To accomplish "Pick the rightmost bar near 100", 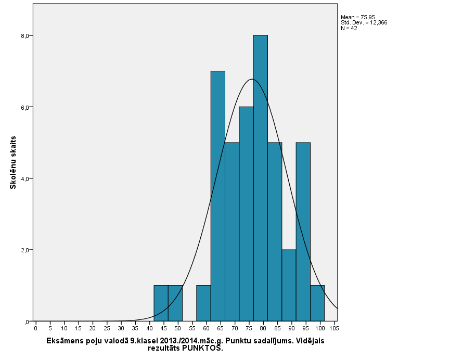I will pos(317,303).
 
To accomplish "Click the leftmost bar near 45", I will pos(161,303).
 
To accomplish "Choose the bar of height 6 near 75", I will pos(246,213).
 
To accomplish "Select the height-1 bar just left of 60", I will pos(203,303).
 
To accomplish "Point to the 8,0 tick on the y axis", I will pos(22,35).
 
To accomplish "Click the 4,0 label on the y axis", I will pos(22,178).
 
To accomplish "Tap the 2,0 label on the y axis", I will pos(22,250).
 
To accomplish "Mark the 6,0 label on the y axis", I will pos(22,107).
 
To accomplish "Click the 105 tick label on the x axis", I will pos(334,328).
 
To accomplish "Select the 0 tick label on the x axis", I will pos(36,328).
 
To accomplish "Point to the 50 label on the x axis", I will pos(178,328).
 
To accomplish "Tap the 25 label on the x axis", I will pos(107,328).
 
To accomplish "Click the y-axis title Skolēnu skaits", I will pos(14,162).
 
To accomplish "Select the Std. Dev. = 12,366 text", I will pos(364,22).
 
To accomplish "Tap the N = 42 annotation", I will pos(349,28).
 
